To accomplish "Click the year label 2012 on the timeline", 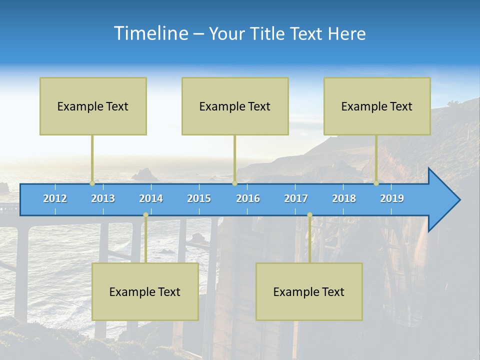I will [x=55, y=198].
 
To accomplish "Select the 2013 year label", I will [x=103, y=198].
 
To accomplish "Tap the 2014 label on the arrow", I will [x=151, y=198].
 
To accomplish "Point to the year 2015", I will [x=199, y=198].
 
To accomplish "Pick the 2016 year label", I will [x=248, y=198].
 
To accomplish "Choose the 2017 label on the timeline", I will [x=296, y=198].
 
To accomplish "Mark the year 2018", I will [x=344, y=198].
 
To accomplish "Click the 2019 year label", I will [x=392, y=198].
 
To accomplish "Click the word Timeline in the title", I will [x=150, y=33].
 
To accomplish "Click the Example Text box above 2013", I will [x=93, y=106].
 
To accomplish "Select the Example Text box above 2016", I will [x=235, y=106].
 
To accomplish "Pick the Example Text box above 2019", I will [x=377, y=106].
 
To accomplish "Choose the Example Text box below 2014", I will [x=145, y=291].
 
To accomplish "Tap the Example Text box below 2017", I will [x=309, y=291].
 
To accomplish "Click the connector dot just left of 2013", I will [x=92, y=183].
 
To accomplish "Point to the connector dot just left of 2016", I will [x=234, y=183].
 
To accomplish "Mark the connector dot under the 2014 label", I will [x=145, y=215].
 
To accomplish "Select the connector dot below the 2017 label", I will [x=309, y=215].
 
